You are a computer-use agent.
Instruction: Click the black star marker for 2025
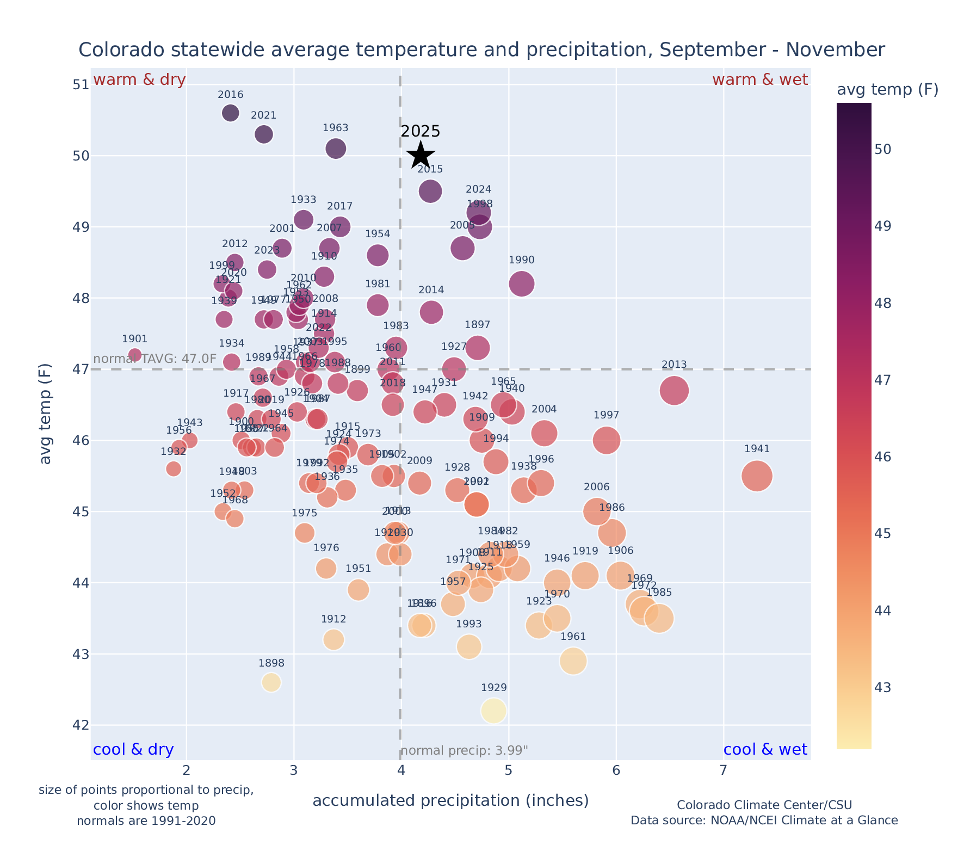pyautogui.click(x=421, y=155)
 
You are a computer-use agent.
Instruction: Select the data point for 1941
pyautogui.click(x=757, y=476)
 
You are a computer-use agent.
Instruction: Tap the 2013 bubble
pyautogui.click(x=674, y=391)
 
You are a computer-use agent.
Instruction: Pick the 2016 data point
pyautogui.click(x=231, y=113)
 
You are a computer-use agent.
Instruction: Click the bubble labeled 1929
pyautogui.click(x=493, y=711)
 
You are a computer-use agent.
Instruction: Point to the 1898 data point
pyautogui.click(x=271, y=682)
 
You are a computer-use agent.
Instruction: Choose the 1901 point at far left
pyautogui.click(x=135, y=355)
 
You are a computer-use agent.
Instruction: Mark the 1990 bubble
pyautogui.click(x=522, y=283)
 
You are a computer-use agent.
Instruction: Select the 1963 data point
pyautogui.click(x=336, y=149)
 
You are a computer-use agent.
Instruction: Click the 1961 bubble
pyautogui.click(x=573, y=661)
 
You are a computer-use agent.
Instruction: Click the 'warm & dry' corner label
pyautogui.click(x=139, y=80)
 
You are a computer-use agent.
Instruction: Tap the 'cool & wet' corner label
pyautogui.click(x=765, y=750)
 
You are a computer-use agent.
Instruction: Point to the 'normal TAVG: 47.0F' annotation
pyautogui.click(x=155, y=360)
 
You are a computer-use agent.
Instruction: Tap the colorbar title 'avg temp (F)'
pyautogui.click(x=887, y=90)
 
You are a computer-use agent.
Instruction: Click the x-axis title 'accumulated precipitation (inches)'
pyautogui.click(x=450, y=801)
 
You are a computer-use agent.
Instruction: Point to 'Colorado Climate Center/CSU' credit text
pyautogui.click(x=764, y=805)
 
